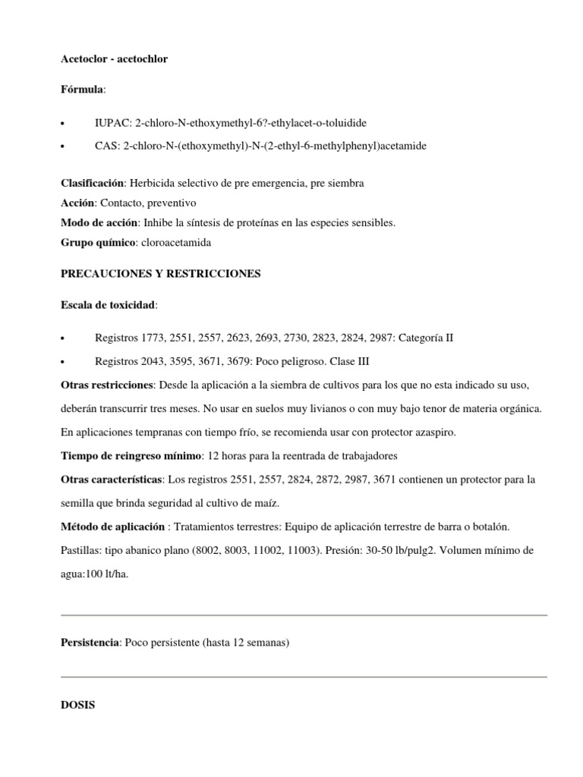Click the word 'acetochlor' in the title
click(143, 58)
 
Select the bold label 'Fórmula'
click(82, 90)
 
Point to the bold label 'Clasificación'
click(93, 183)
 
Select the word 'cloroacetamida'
click(176, 242)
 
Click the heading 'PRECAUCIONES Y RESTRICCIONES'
click(160, 273)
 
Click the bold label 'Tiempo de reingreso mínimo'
click(131, 456)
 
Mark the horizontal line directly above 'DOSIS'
click(304, 677)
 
